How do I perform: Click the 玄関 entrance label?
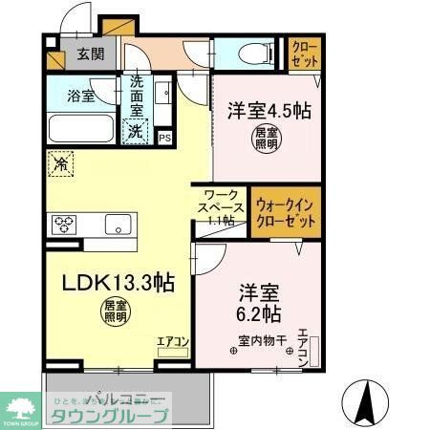(91, 54)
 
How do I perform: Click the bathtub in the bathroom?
(80, 127)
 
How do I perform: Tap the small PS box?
(164, 137)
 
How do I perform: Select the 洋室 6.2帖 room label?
(259, 302)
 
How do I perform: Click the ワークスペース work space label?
(221, 205)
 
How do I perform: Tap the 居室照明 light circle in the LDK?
(116, 312)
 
